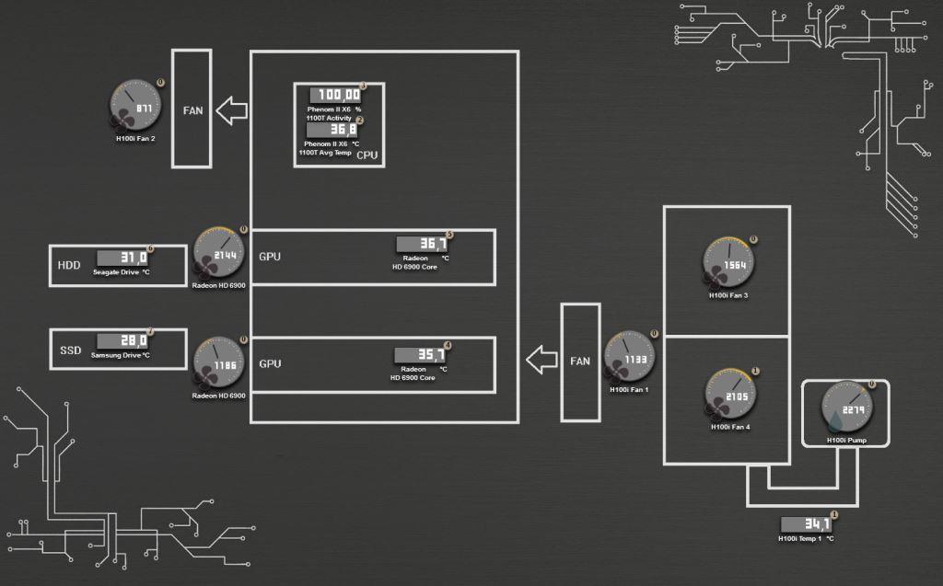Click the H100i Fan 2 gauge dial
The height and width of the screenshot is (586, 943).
[x=137, y=108]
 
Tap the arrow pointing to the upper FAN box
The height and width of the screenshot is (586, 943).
[x=231, y=111]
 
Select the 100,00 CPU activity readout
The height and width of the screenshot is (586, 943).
[x=333, y=95]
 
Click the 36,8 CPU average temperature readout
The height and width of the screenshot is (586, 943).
[x=332, y=131]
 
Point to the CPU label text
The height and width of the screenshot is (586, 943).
[x=367, y=155]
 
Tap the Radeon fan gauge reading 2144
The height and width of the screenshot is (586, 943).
[x=220, y=254]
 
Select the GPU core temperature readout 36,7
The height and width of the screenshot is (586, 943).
[x=422, y=245]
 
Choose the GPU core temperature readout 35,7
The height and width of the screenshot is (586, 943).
[x=420, y=355]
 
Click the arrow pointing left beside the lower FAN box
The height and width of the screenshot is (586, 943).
[x=541, y=359]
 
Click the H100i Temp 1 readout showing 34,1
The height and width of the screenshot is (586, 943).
[x=806, y=524]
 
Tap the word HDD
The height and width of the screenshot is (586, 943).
[x=69, y=266]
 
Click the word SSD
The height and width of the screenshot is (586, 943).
[x=71, y=351]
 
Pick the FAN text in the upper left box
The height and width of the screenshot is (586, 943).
[x=192, y=110]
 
